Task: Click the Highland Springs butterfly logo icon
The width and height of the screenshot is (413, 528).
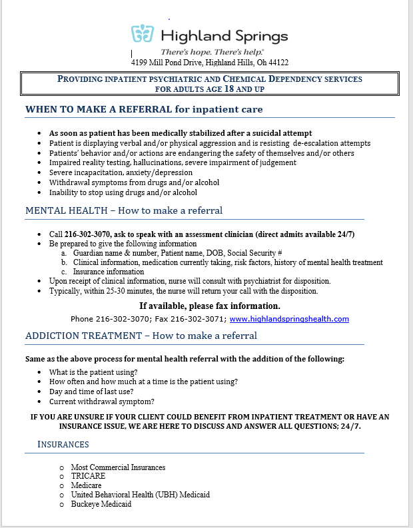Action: click(x=143, y=34)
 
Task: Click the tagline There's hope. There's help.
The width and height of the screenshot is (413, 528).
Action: click(x=212, y=51)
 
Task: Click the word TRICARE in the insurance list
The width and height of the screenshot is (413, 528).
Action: click(x=88, y=476)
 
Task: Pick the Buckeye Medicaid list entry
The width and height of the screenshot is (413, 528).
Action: click(x=101, y=504)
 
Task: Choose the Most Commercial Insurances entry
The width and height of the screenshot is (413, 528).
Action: click(x=118, y=467)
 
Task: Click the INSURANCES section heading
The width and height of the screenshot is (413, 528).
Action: click(x=63, y=444)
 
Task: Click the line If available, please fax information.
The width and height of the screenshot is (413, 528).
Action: click(x=210, y=306)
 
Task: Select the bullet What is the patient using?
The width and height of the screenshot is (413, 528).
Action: click(x=93, y=372)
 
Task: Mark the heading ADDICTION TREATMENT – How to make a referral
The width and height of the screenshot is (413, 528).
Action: click(x=141, y=336)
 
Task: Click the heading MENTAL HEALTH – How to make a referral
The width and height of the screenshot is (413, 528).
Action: click(x=124, y=210)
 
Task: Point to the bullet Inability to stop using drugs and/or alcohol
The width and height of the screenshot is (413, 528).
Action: click(x=123, y=192)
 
